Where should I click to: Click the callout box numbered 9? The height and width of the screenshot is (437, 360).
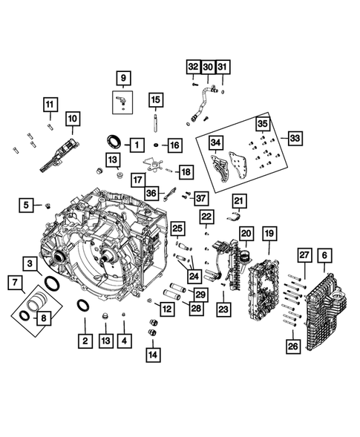click(123, 76)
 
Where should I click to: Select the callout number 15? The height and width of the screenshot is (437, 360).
click(154, 99)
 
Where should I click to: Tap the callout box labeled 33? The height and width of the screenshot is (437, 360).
click(295, 139)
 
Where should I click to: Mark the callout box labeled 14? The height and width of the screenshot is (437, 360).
click(153, 354)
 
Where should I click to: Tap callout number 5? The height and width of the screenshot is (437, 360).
click(27, 204)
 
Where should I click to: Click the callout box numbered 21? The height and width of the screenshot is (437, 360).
click(238, 200)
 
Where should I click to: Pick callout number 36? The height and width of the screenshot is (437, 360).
click(151, 192)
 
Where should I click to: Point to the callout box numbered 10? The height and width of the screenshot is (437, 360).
click(73, 118)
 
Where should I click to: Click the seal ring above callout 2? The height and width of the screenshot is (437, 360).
click(84, 306)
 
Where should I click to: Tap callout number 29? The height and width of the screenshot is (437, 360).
click(200, 294)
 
